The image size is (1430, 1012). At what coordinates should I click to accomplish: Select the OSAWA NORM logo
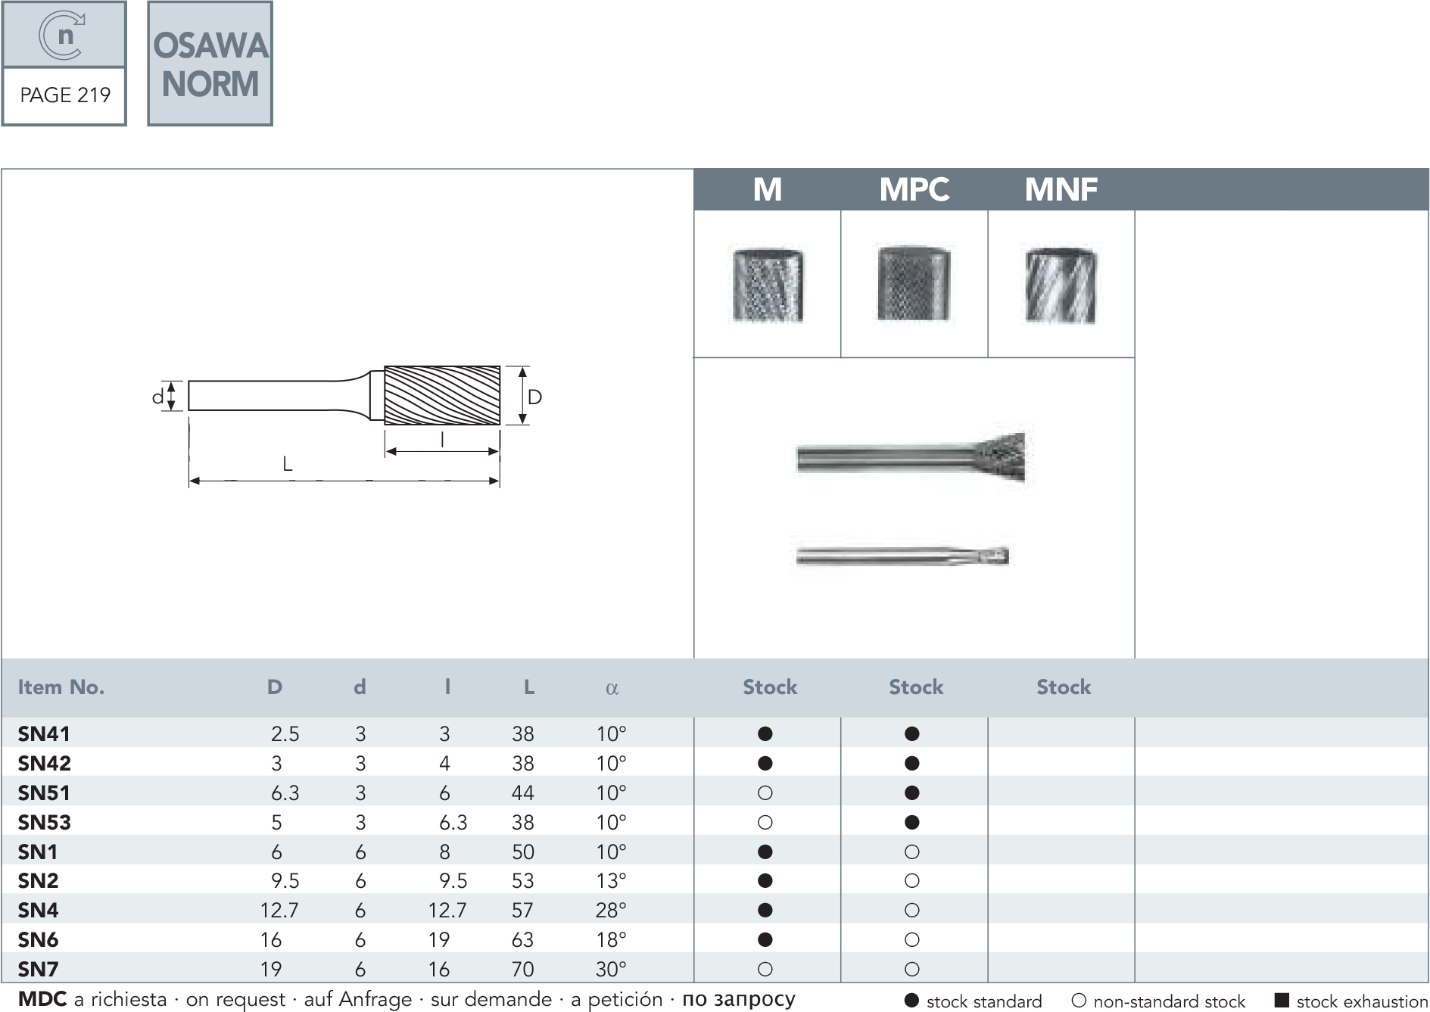(x=210, y=64)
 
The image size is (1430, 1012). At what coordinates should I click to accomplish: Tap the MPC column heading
(x=914, y=189)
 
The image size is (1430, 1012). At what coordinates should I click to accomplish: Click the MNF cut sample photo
(x=1061, y=285)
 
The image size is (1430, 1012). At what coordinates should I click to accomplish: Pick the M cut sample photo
(x=768, y=285)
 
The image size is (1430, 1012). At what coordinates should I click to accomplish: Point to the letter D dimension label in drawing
(x=534, y=397)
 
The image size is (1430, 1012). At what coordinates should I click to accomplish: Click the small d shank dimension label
(x=157, y=396)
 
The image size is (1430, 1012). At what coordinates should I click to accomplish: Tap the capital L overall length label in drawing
(x=288, y=463)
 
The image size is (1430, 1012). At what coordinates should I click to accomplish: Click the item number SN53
(x=45, y=823)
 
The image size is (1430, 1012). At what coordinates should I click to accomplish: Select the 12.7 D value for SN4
(x=279, y=910)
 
